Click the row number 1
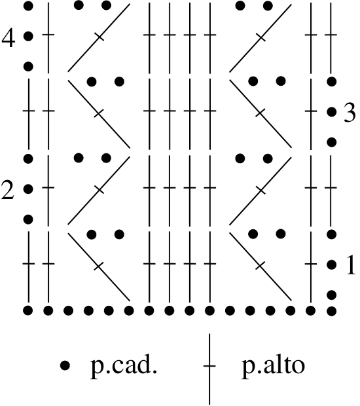(351, 265)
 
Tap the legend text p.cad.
(124, 367)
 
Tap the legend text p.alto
(274, 367)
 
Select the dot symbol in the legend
(65, 365)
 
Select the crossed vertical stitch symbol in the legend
(209, 369)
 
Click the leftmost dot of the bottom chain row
(28, 310)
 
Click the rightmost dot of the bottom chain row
(332, 310)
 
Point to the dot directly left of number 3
(332, 112)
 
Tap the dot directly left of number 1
(332, 265)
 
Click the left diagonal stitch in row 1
(99, 267)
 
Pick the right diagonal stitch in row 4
(261, 38)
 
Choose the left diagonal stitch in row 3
(99, 114)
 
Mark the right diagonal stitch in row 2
(261, 191)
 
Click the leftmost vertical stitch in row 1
(28, 267)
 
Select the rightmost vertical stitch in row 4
(331, 38)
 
